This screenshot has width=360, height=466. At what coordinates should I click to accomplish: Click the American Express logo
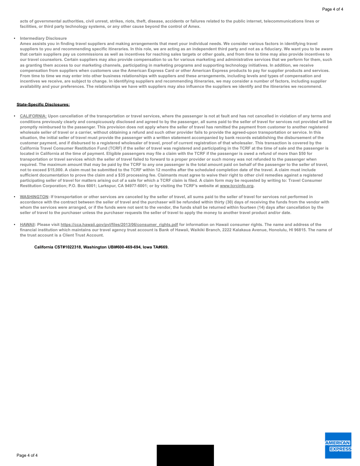(x=338, y=445)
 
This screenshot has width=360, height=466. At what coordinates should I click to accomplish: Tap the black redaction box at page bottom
(x=185, y=455)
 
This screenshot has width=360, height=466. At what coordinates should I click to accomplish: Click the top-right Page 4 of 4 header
(x=333, y=9)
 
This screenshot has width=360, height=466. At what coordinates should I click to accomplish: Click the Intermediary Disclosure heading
(x=43, y=38)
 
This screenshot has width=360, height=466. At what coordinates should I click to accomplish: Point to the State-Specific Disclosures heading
(x=43, y=105)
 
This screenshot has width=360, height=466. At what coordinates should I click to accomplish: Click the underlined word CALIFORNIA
(x=33, y=116)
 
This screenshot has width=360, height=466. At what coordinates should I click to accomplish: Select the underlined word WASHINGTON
(x=34, y=196)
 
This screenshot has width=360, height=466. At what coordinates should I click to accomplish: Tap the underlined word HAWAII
(x=27, y=225)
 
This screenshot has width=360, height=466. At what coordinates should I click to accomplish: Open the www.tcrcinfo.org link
(x=236, y=185)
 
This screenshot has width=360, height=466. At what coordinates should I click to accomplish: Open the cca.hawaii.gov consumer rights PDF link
(x=119, y=225)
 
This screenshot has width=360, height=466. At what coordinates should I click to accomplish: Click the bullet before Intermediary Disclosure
(x=15, y=38)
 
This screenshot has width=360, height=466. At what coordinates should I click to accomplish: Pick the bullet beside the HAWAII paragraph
(x=15, y=225)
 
